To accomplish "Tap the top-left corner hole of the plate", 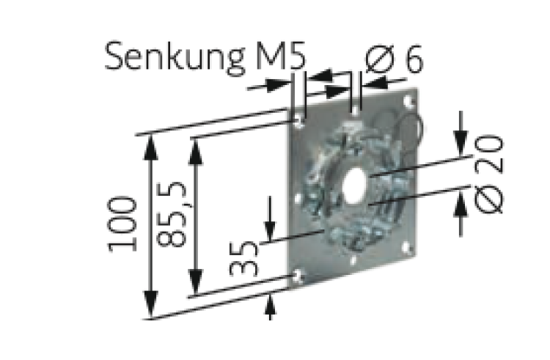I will coord(298,122).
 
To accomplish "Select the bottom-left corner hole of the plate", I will coord(297,275).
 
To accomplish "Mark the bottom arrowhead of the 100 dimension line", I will coord(151,308).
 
